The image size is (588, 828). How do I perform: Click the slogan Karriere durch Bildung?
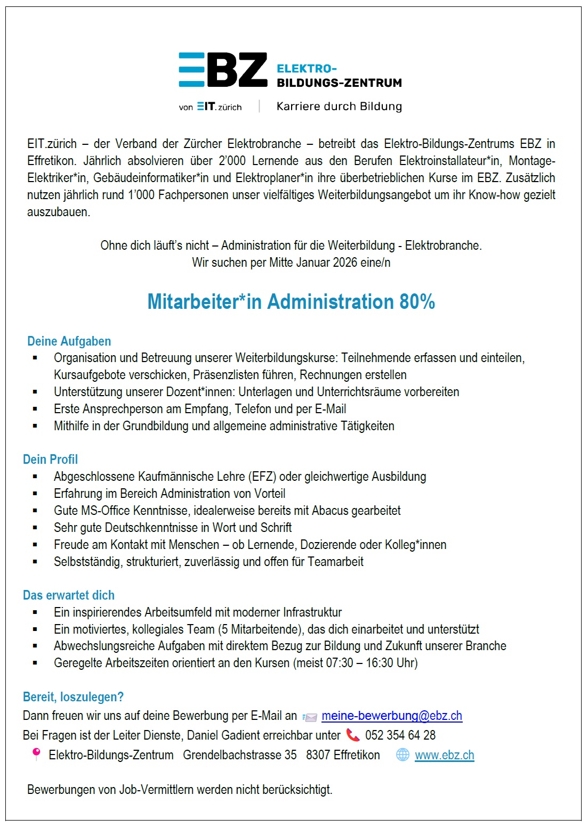(x=339, y=106)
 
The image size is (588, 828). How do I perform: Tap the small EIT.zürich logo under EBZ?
(x=219, y=106)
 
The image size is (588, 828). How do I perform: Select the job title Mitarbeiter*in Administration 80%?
(x=291, y=302)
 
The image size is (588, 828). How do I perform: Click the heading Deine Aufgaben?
(x=69, y=341)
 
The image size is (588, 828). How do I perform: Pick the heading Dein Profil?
(x=50, y=460)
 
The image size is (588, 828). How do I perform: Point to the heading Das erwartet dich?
(x=69, y=595)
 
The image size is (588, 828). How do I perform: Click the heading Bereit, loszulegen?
(x=73, y=697)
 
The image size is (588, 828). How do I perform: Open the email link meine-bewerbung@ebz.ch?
(x=392, y=716)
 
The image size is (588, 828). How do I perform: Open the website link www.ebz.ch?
(x=444, y=756)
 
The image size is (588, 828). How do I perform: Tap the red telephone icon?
(x=353, y=735)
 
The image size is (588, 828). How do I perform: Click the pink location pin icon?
(x=36, y=754)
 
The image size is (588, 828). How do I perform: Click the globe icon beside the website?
(x=403, y=755)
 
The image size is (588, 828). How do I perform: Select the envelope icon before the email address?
(x=310, y=717)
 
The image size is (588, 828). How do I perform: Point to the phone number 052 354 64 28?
(x=400, y=736)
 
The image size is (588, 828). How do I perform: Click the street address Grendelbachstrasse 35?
(x=240, y=756)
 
